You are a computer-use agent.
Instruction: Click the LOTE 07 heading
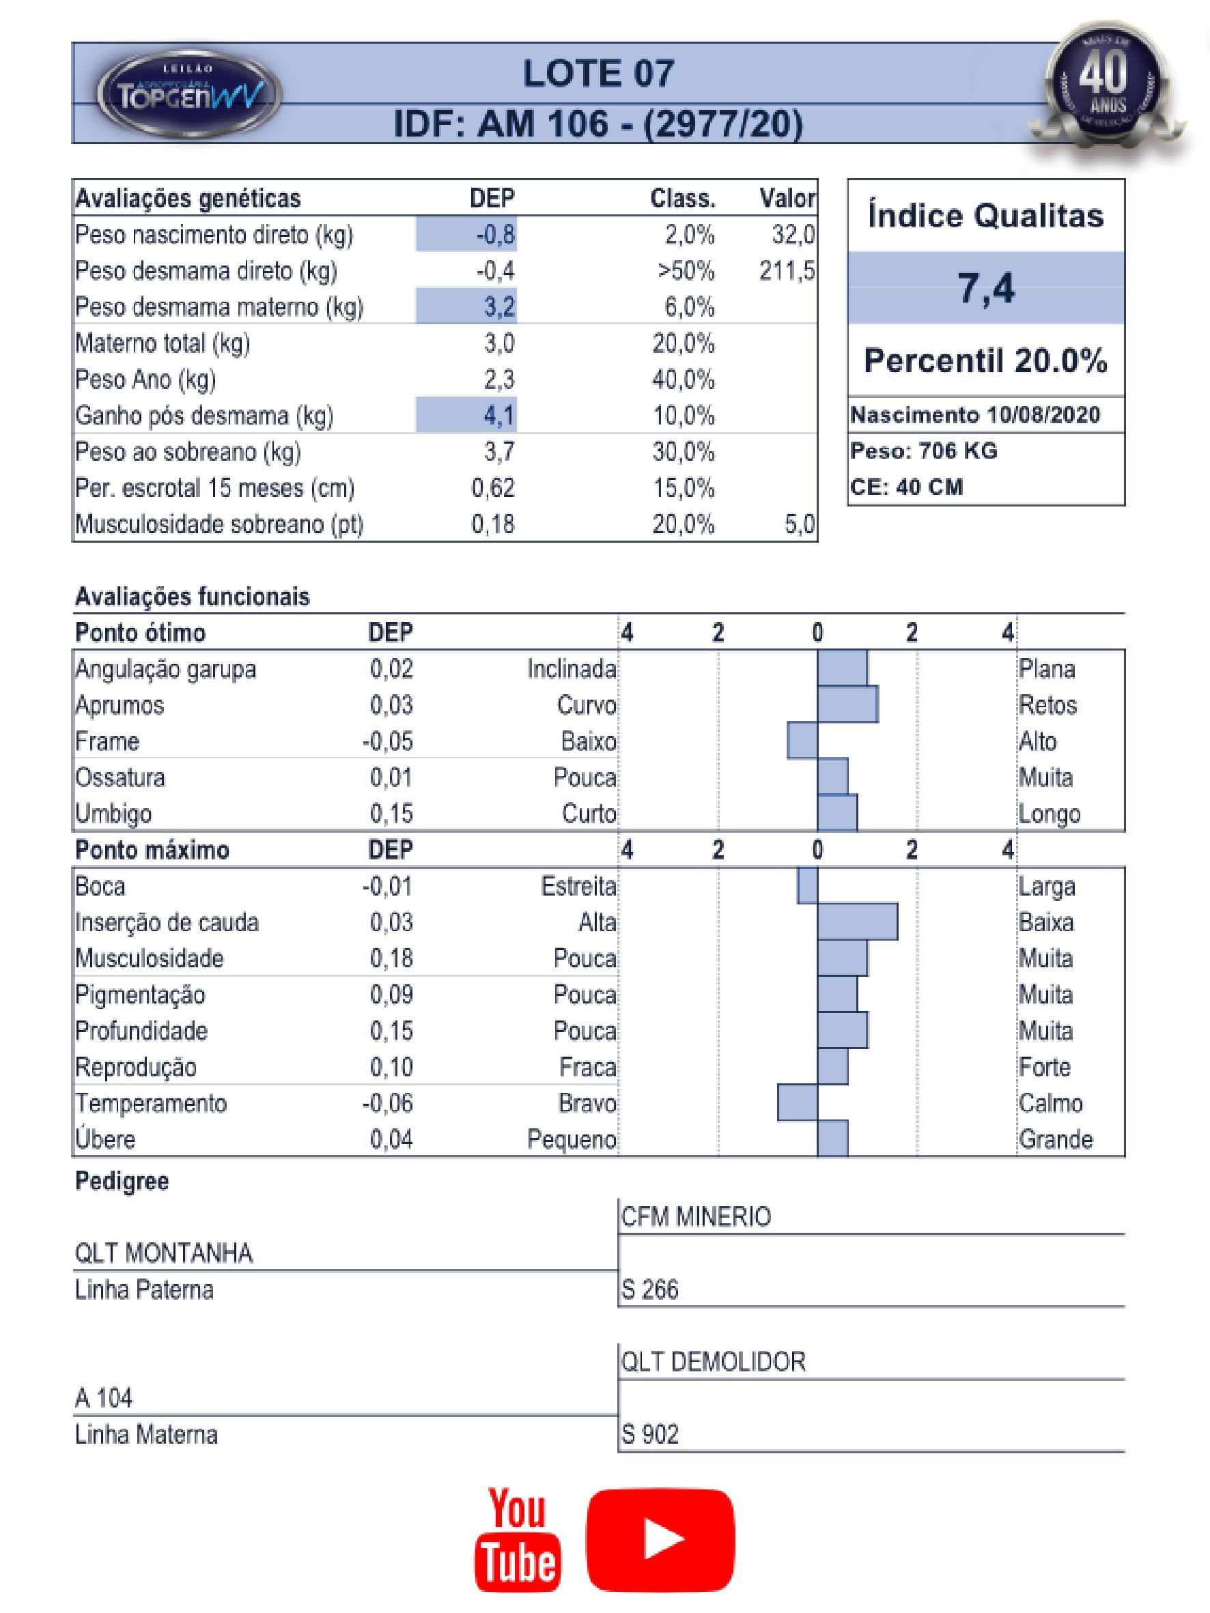598,74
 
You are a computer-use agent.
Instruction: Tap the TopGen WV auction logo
188,94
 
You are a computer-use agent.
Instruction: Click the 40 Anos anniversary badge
1107,84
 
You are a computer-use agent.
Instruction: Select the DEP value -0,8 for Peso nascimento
496,235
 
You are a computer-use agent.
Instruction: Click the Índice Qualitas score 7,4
985,288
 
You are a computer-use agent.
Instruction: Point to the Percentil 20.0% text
985,361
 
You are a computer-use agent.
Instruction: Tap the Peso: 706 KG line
923,451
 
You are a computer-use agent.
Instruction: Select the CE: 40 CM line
906,487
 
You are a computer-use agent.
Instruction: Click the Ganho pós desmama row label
204,416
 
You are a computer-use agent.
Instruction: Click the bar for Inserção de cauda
857,922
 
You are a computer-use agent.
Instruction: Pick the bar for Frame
802,741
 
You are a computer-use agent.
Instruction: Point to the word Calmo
1050,1103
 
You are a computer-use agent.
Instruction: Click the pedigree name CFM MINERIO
696,1217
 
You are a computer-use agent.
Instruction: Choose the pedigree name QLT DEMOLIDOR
714,1361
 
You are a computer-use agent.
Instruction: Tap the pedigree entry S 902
650,1434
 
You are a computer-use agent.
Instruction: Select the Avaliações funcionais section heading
193,597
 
